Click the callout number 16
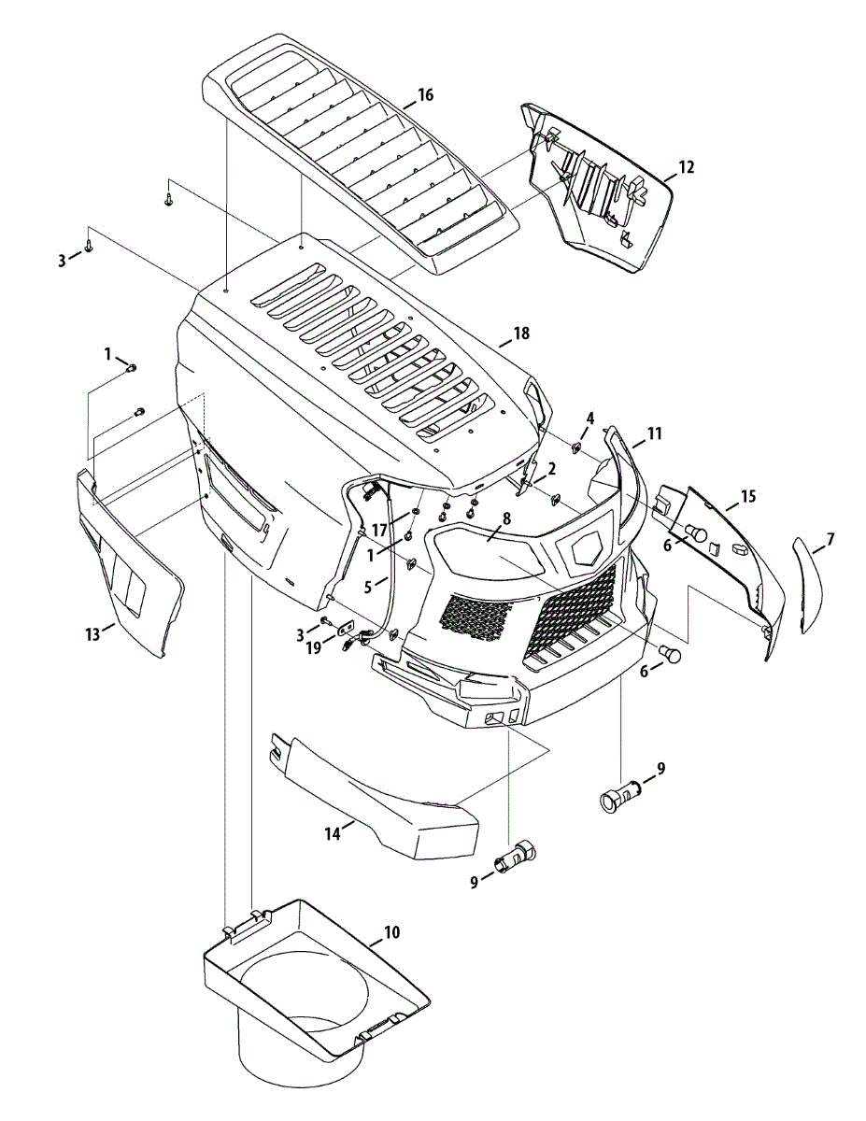(x=425, y=95)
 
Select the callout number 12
(x=686, y=168)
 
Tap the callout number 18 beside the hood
(x=521, y=334)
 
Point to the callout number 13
(x=91, y=634)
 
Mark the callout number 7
(x=830, y=539)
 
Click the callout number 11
(x=654, y=433)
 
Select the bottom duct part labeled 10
(x=308, y=990)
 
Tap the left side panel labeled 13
(x=131, y=570)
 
